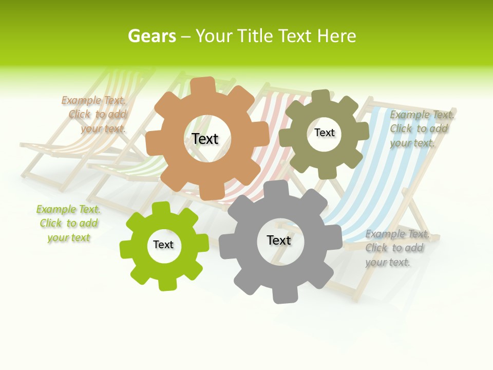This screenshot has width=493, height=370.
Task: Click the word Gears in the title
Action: click(151, 36)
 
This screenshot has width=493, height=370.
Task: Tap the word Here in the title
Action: click(337, 36)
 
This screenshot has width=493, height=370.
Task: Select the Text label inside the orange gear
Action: click(205, 139)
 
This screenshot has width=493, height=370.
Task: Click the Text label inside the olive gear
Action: click(325, 133)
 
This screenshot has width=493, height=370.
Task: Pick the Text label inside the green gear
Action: click(163, 245)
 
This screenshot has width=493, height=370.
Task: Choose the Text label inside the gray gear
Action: click(279, 240)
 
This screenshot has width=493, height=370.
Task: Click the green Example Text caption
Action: click(68, 224)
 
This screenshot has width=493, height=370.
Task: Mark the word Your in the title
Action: click(215, 36)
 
